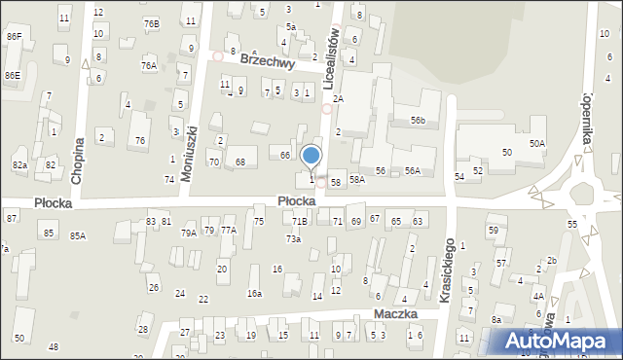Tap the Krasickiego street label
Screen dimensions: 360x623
(x=448, y=269)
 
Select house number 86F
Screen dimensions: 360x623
(x=14, y=36)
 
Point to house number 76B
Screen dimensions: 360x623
(x=151, y=23)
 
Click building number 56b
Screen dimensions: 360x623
(x=418, y=120)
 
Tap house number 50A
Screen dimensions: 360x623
(x=537, y=143)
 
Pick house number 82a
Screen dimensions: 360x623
(x=19, y=165)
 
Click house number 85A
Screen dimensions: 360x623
(x=78, y=235)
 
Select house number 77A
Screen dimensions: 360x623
(x=228, y=231)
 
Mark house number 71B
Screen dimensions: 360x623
(x=299, y=223)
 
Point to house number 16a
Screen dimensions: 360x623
(x=254, y=293)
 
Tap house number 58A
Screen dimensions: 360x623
(x=357, y=180)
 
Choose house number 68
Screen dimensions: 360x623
(x=239, y=162)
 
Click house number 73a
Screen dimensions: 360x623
(x=293, y=239)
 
